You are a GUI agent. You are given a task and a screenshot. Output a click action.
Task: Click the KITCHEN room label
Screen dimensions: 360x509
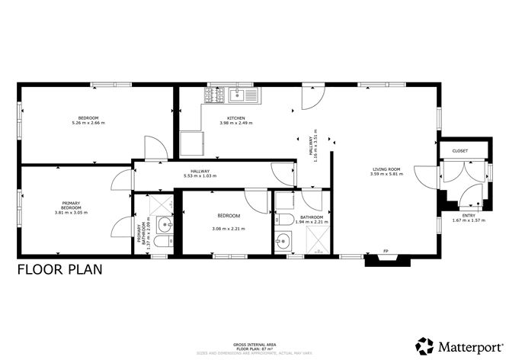(235, 118)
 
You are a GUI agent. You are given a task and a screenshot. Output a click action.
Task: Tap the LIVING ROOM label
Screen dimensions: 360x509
(386, 169)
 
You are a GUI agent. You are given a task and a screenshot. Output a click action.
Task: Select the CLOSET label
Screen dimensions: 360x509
(460, 151)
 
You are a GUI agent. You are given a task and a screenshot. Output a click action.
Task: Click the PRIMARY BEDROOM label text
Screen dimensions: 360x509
(71, 204)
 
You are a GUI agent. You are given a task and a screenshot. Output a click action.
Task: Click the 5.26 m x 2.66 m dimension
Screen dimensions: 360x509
(88, 123)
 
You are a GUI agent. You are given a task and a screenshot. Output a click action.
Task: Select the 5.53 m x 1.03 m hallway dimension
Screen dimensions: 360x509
(200, 176)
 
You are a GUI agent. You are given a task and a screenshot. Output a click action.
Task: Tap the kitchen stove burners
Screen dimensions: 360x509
(212, 96)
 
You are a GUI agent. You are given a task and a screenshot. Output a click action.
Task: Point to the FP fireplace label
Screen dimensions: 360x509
(386, 252)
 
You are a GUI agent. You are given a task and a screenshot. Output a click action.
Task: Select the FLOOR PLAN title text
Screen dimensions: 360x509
(59, 269)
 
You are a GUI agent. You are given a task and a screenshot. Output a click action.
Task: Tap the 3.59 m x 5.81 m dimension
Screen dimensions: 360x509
(386, 175)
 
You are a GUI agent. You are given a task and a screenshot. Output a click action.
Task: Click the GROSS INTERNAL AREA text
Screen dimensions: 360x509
(254, 345)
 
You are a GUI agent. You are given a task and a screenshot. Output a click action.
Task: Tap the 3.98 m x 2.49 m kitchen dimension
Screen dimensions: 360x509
(235, 123)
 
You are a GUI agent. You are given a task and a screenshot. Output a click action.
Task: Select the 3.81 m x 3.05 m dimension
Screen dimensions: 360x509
(71, 212)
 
